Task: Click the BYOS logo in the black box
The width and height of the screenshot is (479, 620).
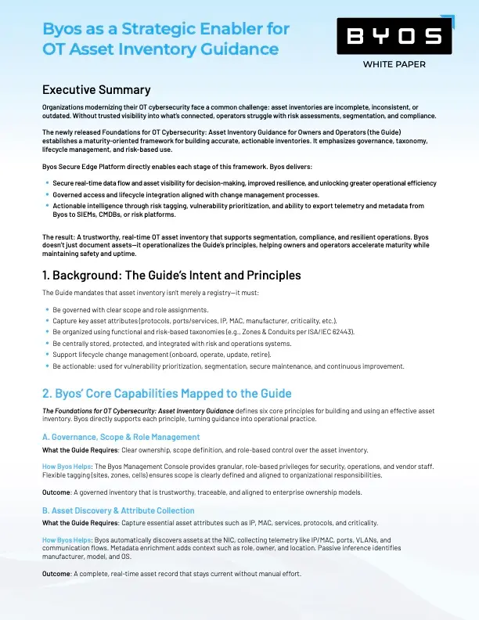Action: click(394, 36)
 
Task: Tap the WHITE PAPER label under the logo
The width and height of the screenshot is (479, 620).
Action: click(394, 64)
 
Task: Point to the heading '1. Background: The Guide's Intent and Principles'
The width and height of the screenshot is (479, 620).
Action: click(171, 275)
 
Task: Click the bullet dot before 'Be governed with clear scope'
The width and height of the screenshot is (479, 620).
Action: click(47, 310)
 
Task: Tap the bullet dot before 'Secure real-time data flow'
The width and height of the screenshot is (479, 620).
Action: click(47, 182)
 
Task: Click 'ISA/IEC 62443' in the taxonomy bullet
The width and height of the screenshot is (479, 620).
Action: click(326, 332)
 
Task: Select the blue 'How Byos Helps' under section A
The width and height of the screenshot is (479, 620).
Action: click(67, 466)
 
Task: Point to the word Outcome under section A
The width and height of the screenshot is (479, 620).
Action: click(57, 492)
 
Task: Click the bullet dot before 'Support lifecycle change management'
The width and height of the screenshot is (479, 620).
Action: click(47, 355)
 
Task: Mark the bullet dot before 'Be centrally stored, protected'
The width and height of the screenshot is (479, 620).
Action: click(47, 344)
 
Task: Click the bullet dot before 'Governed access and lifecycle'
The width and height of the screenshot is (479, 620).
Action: click(47, 194)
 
